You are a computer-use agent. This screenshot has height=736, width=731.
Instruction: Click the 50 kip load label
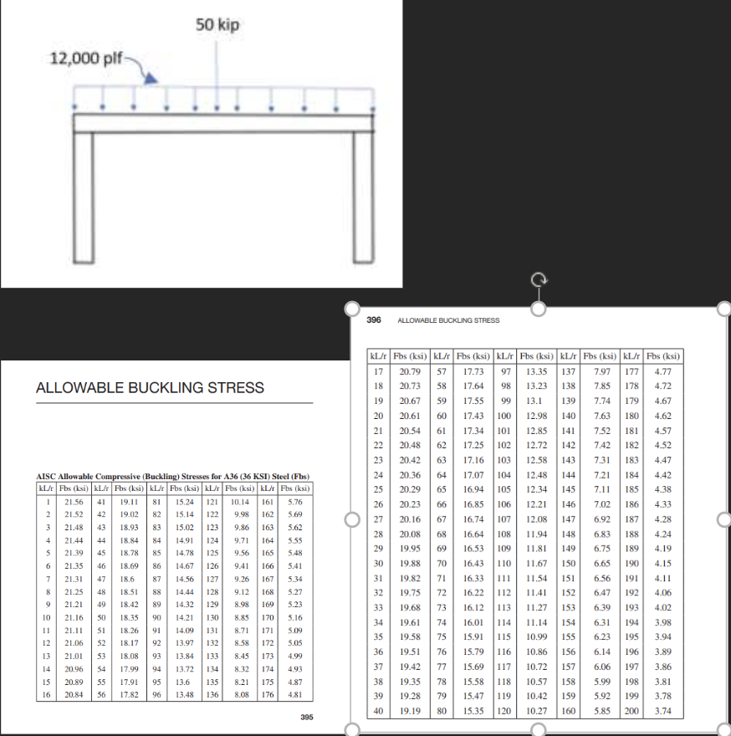pyautogui.click(x=217, y=24)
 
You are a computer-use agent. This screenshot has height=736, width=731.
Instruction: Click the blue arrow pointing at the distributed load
pyautogui.click(x=149, y=77)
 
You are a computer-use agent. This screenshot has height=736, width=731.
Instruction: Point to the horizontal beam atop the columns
pyautogui.click(x=222, y=123)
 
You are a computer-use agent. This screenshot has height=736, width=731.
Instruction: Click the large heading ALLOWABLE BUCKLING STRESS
pyautogui.click(x=150, y=387)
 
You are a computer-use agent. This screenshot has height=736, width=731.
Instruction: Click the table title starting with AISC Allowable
pyautogui.click(x=171, y=477)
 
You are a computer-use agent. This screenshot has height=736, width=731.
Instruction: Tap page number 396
pyautogui.click(x=374, y=320)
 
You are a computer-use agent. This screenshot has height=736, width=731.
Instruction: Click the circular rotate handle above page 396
pyautogui.click(x=539, y=280)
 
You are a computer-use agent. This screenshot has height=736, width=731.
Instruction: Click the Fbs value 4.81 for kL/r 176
pyautogui.click(x=294, y=694)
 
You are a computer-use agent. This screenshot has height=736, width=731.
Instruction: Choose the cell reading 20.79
pyautogui.click(x=410, y=371)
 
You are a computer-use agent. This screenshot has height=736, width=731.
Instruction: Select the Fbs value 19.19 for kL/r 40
pyautogui.click(x=410, y=711)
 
